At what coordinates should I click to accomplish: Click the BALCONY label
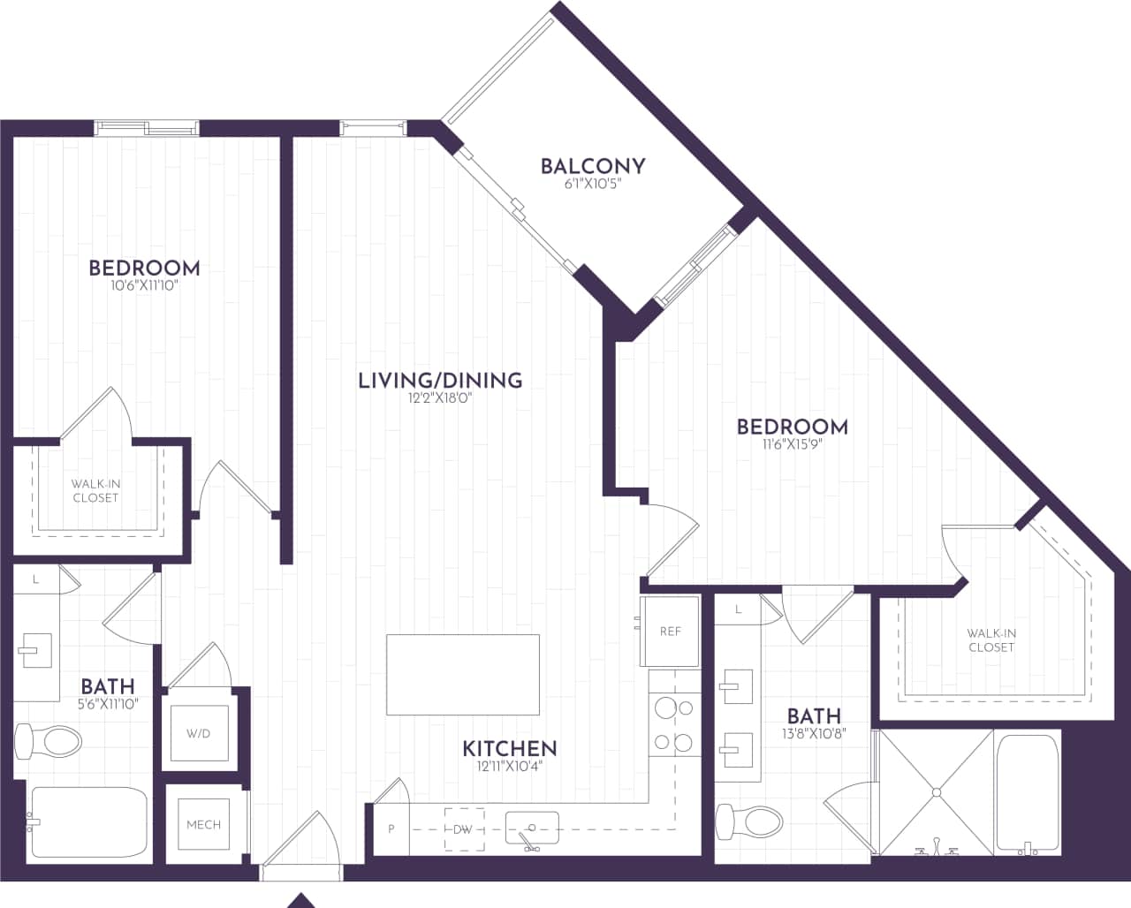click(593, 166)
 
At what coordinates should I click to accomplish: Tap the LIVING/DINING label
click(440, 381)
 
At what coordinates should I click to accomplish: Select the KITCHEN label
click(510, 749)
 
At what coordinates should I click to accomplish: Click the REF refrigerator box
click(671, 632)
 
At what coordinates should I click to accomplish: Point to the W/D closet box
click(199, 734)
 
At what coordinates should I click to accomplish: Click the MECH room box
click(203, 824)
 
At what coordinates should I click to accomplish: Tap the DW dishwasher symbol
click(463, 829)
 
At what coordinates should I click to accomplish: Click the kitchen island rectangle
click(463, 675)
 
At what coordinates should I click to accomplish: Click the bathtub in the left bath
click(88, 822)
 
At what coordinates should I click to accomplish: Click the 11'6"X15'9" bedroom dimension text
click(793, 445)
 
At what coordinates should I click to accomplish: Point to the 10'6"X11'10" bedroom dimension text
click(144, 286)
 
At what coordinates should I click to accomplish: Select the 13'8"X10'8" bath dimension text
click(814, 733)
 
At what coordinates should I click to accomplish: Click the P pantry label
click(391, 829)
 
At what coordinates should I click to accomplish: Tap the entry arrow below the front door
click(302, 900)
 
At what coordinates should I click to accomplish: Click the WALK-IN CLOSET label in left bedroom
click(95, 491)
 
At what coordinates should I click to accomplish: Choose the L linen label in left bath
click(35, 580)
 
